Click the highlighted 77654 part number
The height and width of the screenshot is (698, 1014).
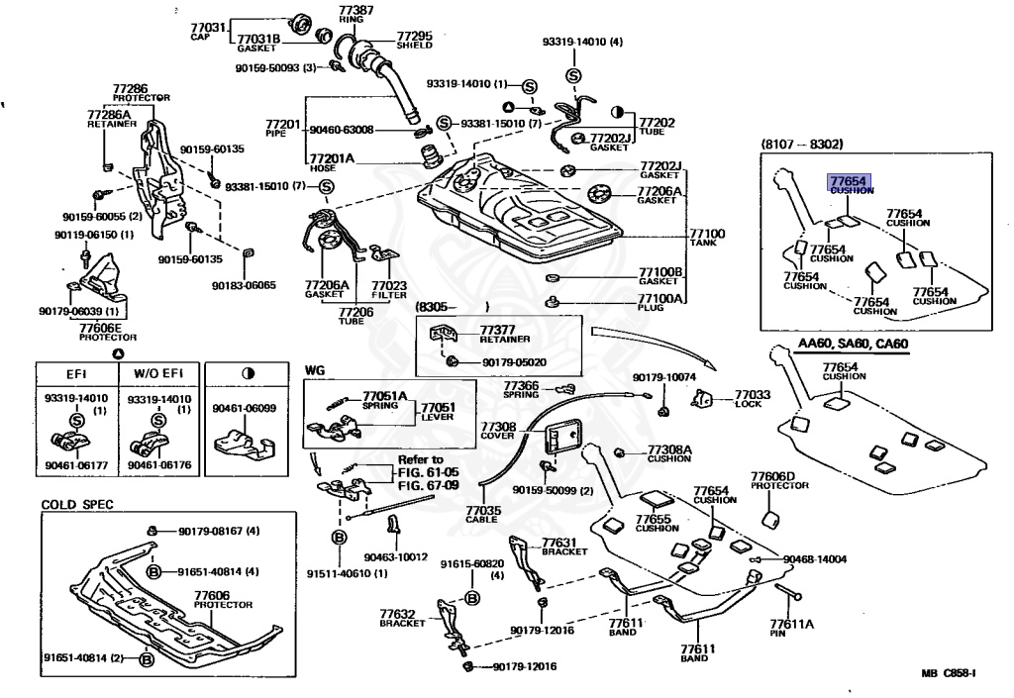coord(848,181)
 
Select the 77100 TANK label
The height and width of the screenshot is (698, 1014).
coord(708,237)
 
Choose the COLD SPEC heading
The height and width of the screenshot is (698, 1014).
coord(77,504)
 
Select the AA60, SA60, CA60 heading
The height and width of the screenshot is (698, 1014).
coord(853,344)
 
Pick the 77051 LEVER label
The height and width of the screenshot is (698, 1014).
coord(439,412)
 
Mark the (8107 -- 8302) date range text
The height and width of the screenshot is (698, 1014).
coord(801,145)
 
